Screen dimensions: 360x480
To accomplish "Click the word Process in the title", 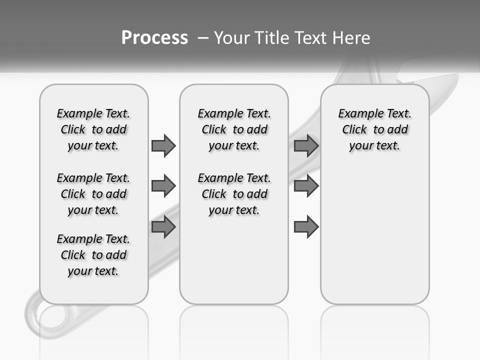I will pyautogui.click(x=154, y=38).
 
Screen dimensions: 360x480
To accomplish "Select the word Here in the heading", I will pyautogui.click(x=350, y=38).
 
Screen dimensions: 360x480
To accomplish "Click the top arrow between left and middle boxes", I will pyautogui.click(x=163, y=145).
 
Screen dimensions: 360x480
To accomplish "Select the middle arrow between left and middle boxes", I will pyautogui.click(x=163, y=186).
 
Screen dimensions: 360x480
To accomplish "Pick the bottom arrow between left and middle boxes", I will pyautogui.click(x=163, y=227).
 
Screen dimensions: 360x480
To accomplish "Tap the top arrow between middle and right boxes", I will pyautogui.click(x=306, y=145).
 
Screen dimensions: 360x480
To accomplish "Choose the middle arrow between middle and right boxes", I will pyautogui.click(x=306, y=186).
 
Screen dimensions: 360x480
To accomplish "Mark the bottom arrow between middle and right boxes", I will pyautogui.click(x=306, y=227).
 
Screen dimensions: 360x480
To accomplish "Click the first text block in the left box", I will pyautogui.click(x=93, y=129).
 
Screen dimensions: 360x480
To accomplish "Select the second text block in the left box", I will pyautogui.click(x=93, y=194).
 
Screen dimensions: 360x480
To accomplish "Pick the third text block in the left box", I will pyautogui.click(x=93, y=255).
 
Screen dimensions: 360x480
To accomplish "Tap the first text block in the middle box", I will pyautogui.click(x=234, y=129).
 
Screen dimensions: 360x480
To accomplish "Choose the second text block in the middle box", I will pyautogui.click(x=234, y=194).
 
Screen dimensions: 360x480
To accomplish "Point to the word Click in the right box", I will pyautogui.click(x=354, y=130).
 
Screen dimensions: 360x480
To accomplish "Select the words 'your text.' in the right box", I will pyautogui.click(x=374, y=146).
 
